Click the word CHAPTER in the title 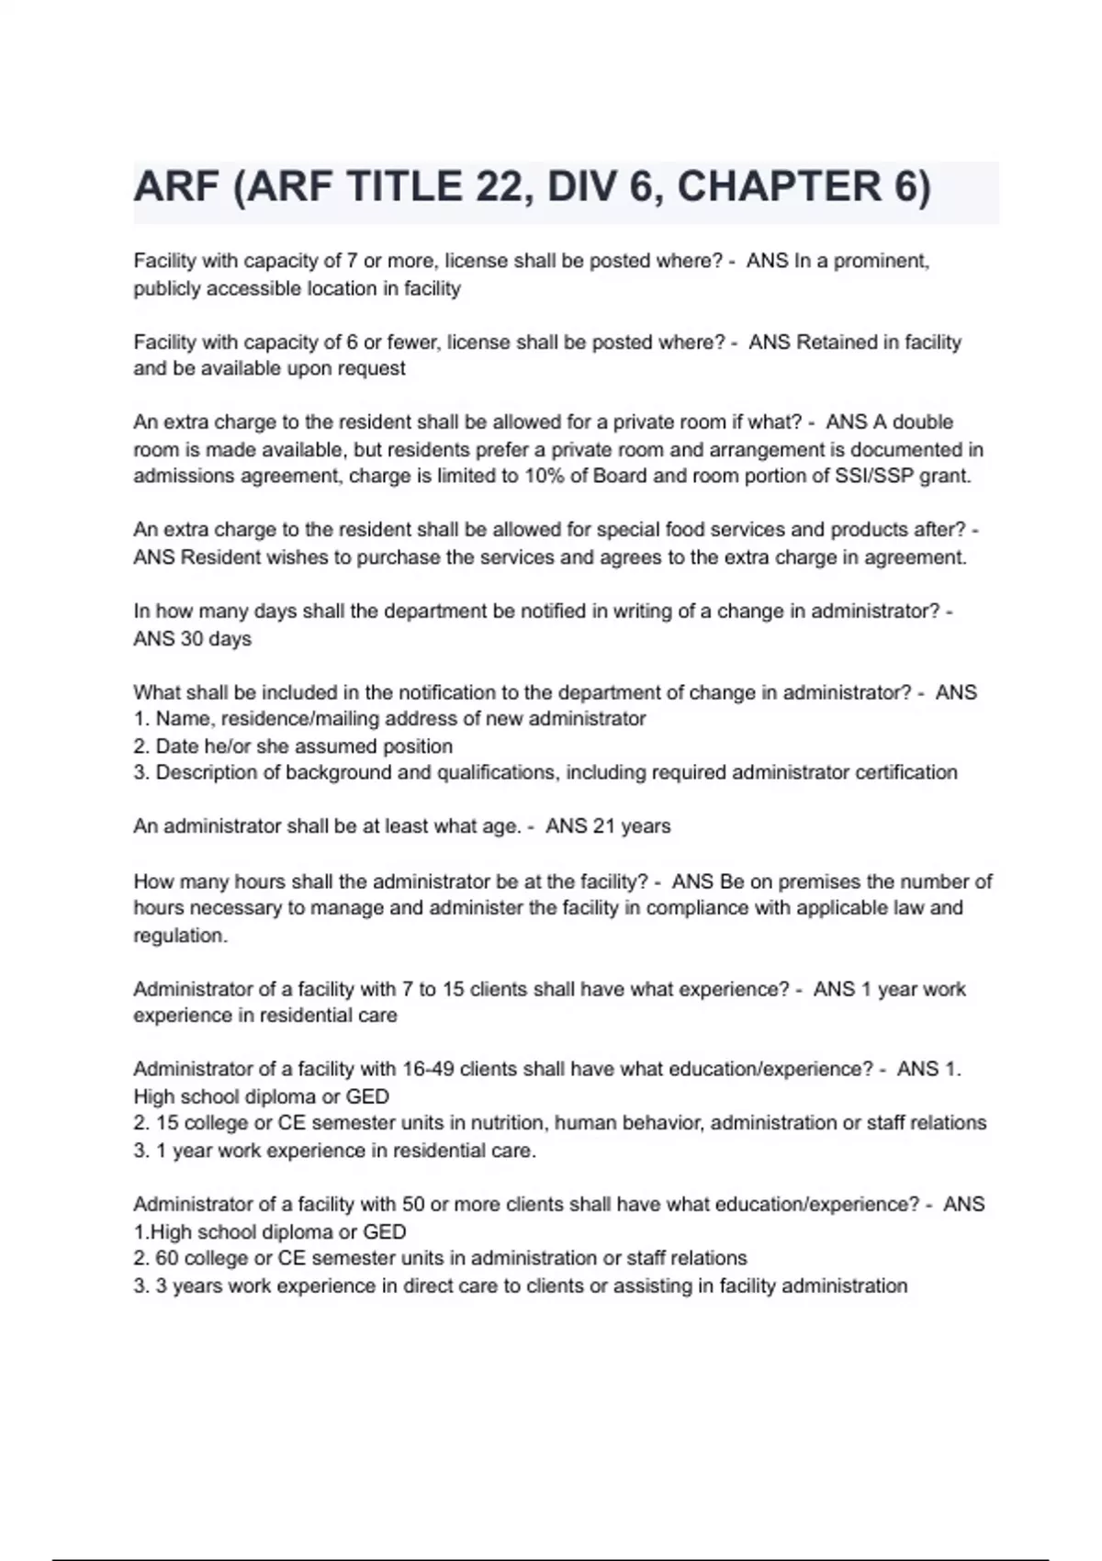[778, 187]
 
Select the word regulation [180, 936]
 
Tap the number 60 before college [167, 1258]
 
